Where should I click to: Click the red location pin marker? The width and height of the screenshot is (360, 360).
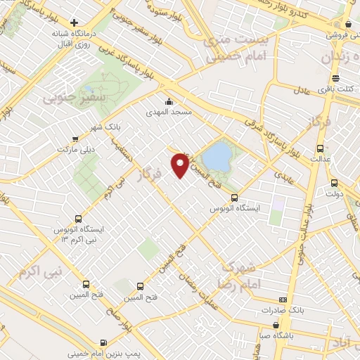(x=181, y=165)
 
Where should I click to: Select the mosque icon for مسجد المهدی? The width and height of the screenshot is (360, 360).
(x=168, y=101)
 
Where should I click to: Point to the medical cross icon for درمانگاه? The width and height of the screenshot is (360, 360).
(x=74, y=22)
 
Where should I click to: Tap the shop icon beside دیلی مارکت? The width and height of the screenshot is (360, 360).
(x=75, y=139)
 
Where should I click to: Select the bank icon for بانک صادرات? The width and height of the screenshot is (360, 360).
(x=283, y=298)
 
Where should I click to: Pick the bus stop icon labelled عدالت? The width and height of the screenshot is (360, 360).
(x=321, y=148)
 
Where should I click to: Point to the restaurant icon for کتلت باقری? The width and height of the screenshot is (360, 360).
(x=335, y=78)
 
